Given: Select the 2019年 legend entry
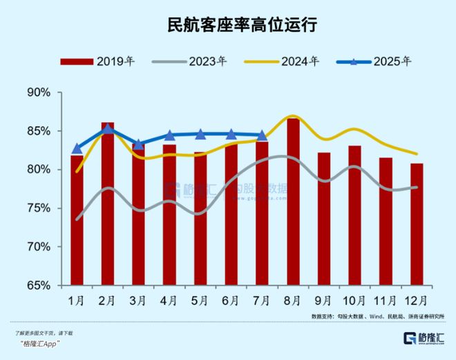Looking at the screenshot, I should [97, 61].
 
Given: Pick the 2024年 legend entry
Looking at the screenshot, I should [283, 61].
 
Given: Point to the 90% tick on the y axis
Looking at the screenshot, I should [39, 92].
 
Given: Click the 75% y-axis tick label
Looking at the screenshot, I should [39, 208].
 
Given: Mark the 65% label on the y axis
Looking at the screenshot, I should [39, 285].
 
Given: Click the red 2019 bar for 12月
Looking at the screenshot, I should [417, 225].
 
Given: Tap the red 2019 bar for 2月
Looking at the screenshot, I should [108, 204].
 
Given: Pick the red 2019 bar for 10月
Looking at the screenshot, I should [354, 216].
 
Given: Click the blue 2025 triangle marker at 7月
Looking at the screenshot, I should [262, 135].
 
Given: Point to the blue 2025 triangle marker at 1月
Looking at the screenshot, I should [77, 148].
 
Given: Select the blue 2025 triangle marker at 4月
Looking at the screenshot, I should [169, 135].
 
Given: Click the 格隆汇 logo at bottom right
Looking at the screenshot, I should [428, 339].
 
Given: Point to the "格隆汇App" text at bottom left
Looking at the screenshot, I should [38, 344].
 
